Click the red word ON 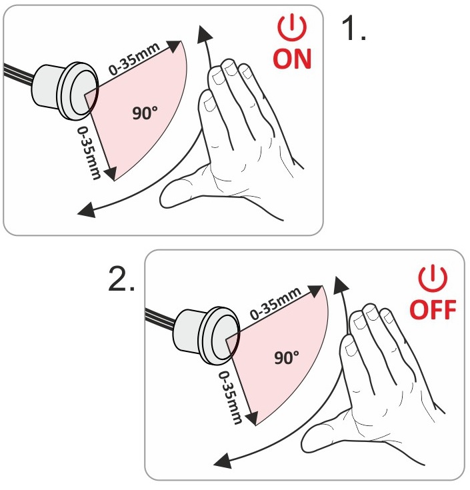pos(292,59)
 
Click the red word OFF pos(433,309)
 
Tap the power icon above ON pos(292,27)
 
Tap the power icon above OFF pos(433,278)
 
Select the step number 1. pos(353,29)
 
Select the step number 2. pos(121,279)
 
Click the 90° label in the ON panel pos(145,113)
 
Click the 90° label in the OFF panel pos(286,357)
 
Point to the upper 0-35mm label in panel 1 pos(135,59)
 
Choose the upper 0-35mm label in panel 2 pos(275,304)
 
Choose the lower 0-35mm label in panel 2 pos(230,398)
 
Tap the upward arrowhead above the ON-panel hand pos(204,34)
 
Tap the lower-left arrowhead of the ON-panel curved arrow pos(87,210)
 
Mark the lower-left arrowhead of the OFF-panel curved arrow pos(223,461)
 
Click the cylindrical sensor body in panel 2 pos(191,333)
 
